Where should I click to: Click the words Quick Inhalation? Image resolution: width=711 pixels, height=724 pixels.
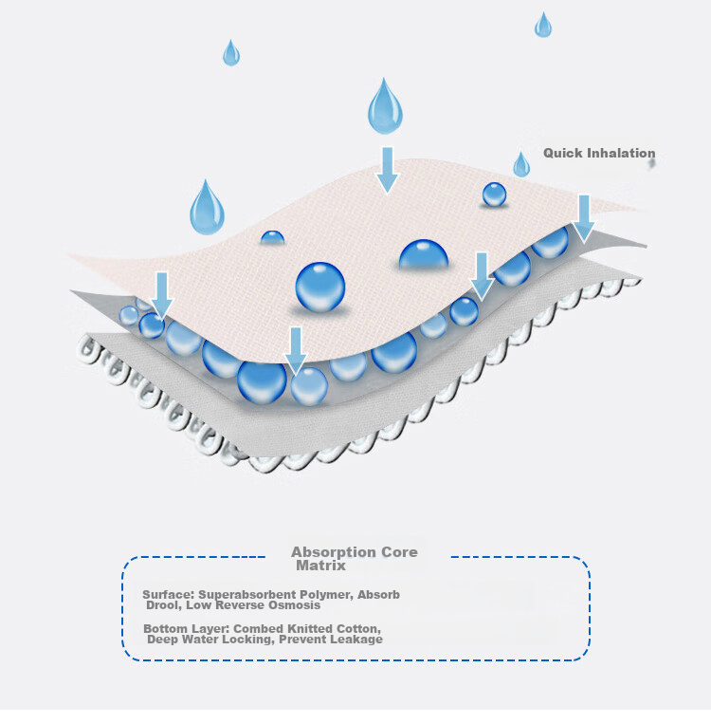[599, 154]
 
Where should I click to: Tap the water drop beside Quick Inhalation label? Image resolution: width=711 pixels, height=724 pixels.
[521, 165]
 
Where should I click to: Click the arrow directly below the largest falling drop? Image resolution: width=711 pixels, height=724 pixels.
[387, 170]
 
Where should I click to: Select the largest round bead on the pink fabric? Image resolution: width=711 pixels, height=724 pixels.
[320, 287]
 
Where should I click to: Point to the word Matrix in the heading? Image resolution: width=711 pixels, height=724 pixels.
[320, 566]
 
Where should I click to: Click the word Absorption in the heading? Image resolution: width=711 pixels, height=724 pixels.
[329, 552]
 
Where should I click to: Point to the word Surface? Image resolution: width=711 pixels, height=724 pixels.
[169, 595]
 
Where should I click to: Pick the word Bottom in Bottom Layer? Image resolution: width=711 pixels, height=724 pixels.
[165, 629]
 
